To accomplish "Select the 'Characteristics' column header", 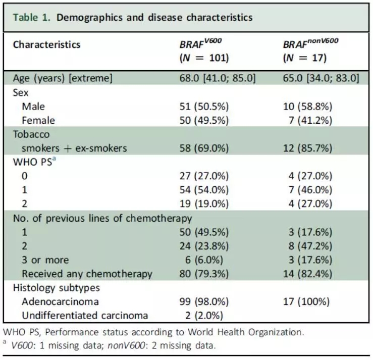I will pos(46,44).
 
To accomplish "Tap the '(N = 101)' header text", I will pos(204,58).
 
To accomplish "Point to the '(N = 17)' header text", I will pos(304,58).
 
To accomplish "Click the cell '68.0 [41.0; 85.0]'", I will pos(218,78).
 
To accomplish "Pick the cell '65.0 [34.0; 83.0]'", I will pos(321,78).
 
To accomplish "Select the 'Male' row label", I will pos(33,107).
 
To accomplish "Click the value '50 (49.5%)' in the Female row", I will pos(204,121).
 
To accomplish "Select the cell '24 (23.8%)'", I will pos(204,246).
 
